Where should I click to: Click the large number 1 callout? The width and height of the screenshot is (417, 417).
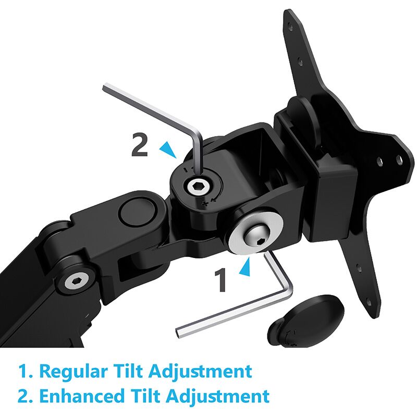point(220,279)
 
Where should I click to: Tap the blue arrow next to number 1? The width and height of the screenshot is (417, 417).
point(246,267)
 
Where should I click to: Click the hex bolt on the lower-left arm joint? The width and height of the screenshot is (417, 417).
point(77,282)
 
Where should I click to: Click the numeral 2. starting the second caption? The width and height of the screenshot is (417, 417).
point(26,396)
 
